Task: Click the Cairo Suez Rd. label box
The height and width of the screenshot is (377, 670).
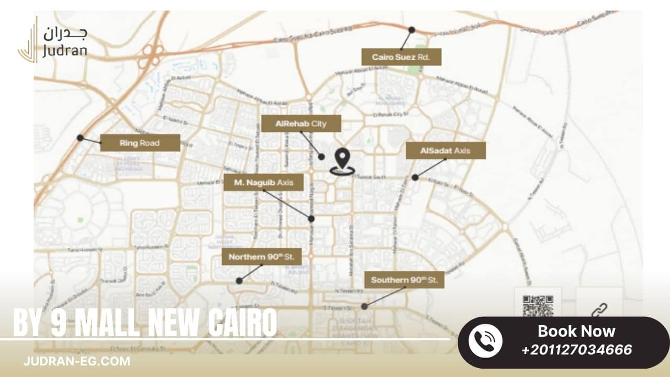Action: pyautogui.click(x=401, y=57)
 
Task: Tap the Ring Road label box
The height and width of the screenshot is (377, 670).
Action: pyautogui.click(x=140, y=143)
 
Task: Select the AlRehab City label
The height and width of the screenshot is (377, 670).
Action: pyautogui.click(x=301, y=124)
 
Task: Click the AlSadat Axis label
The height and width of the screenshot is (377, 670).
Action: pyautogui.click(x=445, y=151)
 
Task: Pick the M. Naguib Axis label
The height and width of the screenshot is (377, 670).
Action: pyautogui.click(x=263, y=182)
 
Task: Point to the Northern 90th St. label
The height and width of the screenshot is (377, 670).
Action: pyautogui.click(x=262, y=257)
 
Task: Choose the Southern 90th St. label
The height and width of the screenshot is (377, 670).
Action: pyautogui.click(x=404, y=280)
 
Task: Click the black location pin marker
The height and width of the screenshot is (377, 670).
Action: pyautogui.click(x=342, y=160)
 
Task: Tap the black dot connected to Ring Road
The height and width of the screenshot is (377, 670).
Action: pyautogui.click(x=80, y=138)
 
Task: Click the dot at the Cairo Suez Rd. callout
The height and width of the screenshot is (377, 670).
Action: pyautogui.click(x=412, y=30)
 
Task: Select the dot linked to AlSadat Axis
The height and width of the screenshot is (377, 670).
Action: pyautogui.click(x=415, y=178)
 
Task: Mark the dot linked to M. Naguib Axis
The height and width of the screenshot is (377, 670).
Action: pyautogui.click(x=311, y=219)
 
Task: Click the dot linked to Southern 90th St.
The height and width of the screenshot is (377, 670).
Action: pyautogui.click(x=364, y=306)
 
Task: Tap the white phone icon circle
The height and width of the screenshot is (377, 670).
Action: pyautogui.click(x=485, y=341)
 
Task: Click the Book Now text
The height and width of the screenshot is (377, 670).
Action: pyautogui.click(x=576, y=331)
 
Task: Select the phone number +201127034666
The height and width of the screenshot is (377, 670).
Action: pyautogui.click(x=576, y=350)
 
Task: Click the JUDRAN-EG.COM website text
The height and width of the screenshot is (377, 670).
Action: pyautogui.click(x=77, y=361)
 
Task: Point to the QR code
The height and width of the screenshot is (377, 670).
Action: pyautogui.click(x=538, y=305)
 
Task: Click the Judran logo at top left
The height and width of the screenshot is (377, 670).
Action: pyautogui.click(x=52, y=39)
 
